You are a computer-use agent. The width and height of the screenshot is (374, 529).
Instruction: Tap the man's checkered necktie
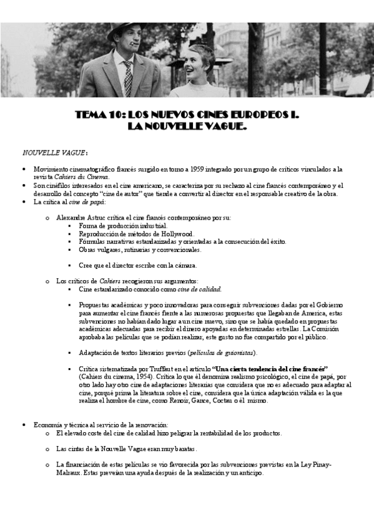128,77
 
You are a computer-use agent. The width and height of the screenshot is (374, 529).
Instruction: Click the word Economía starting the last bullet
49,425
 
